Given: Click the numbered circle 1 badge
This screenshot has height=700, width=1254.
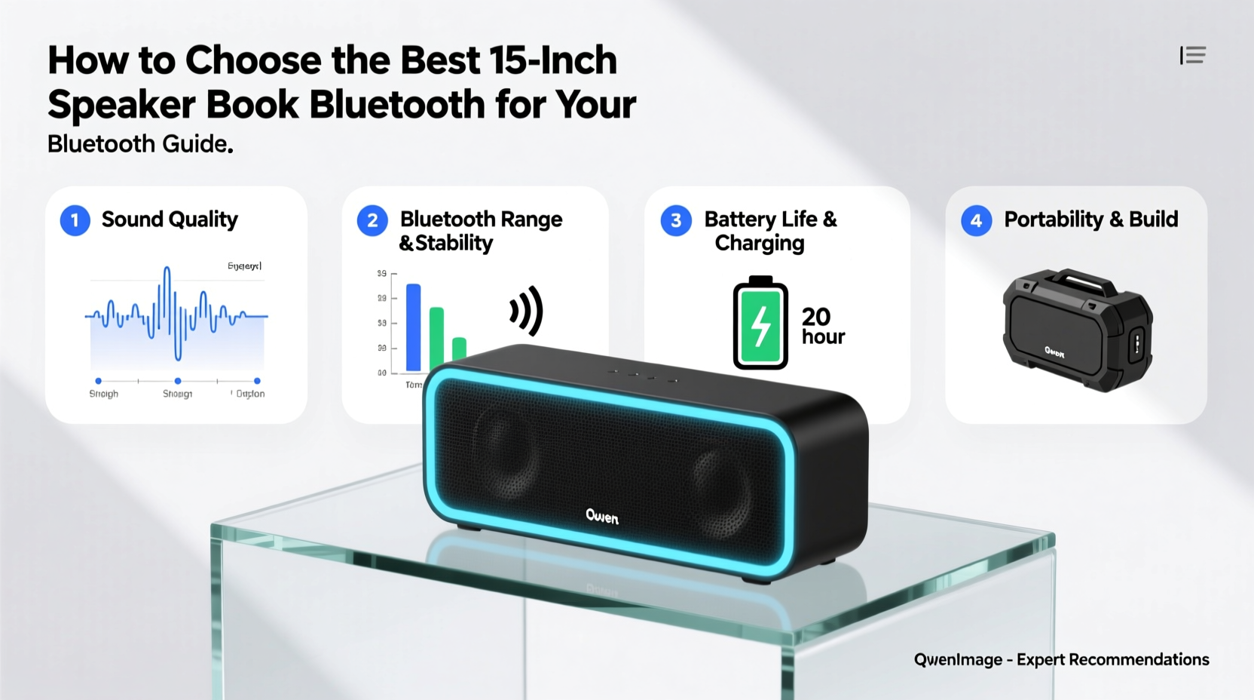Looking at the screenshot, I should pos(75,220).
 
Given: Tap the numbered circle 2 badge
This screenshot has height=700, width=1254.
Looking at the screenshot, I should pos(372,220).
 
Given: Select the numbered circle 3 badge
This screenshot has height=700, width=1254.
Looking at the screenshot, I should pos(676,220).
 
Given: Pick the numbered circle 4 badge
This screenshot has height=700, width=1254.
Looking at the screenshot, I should pos(976,220).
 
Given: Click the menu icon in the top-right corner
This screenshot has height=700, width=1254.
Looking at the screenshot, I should pos(1193,55).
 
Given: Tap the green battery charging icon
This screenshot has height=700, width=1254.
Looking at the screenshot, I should pos(760,324).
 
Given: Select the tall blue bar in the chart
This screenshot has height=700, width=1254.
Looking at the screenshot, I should pos(413,327).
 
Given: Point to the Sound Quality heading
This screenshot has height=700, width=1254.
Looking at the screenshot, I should pos(170,220).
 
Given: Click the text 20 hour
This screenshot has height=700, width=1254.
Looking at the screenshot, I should pos(822,326).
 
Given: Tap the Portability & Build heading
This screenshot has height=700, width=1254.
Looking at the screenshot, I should pos(1090,220).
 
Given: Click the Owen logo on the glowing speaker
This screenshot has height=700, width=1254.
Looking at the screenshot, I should pos(602,517).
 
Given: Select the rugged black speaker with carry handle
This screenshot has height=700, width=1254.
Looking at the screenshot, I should pos(1077,329).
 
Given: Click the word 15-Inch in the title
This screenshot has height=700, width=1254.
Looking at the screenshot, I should pos(552,60).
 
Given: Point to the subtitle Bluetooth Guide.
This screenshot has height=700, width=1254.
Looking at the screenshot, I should pos(140,143).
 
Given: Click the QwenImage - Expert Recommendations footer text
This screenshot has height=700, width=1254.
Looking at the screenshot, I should pos(1061,659).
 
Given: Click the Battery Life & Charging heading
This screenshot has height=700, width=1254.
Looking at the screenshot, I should pos(770,231).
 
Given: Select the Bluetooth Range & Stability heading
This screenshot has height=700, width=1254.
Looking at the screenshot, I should pos(481,231).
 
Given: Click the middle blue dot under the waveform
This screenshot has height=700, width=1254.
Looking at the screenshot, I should pos(178,381).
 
